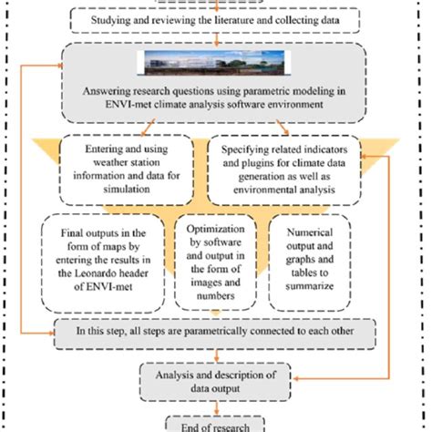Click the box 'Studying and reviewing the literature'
(215, 19)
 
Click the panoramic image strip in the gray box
(215, 64)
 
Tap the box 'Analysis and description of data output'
(215, 377)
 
